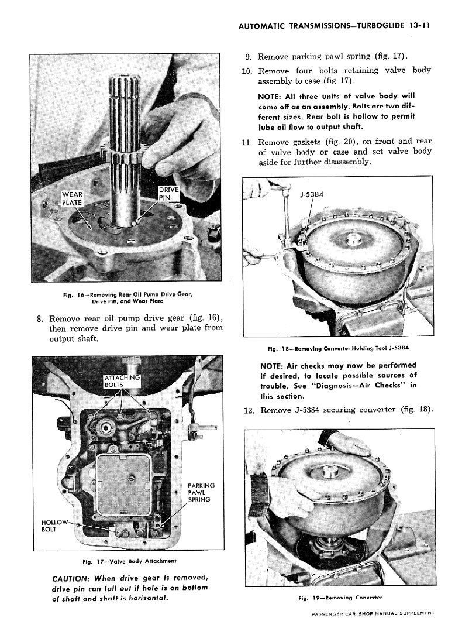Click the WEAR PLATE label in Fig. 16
pyautogui.click(x=73, y=198)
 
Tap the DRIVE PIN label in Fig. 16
pyautogui.click(x=169, y=193)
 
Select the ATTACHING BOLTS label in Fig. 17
pyautogui.click(x=122, y=381)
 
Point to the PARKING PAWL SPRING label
pyautogui.click(x=201, y=492)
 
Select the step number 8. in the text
pyautogui.click(x=40, y=318)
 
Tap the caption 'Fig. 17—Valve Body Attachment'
pyautogui.click(x=121, y=562)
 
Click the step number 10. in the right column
pyautogui.click(x=247, y=71)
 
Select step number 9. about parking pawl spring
pyautogui.click(x=248, y=57)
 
